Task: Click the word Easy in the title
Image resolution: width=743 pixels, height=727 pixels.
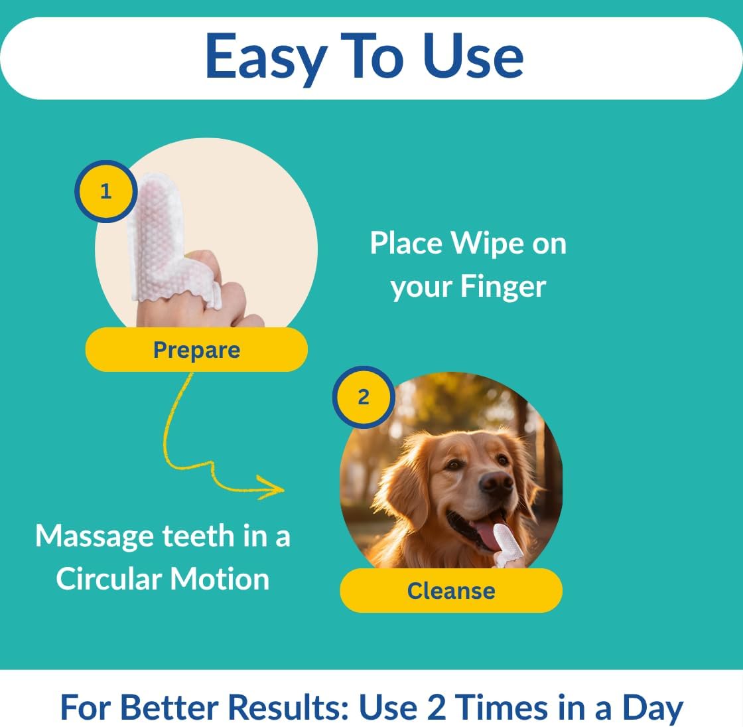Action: tap(265, 57)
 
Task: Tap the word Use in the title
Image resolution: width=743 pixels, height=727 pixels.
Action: tap(472, 56)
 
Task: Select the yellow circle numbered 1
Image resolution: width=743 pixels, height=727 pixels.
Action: tap(105, 192)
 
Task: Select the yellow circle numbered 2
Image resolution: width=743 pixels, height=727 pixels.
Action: tap(363, 397)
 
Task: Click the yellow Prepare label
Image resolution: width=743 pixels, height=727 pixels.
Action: tap(196, 350)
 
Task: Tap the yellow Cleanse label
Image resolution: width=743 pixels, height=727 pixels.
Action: tap(451, 590)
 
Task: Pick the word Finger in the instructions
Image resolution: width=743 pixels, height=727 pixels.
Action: tap(503, 287)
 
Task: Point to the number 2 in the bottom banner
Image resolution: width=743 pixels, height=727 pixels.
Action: tap(436, 707)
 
